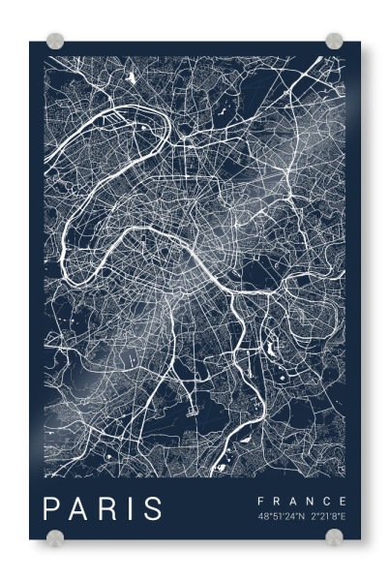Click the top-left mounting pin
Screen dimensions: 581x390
tap(55, 43)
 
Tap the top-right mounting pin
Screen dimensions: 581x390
tap(334, 42)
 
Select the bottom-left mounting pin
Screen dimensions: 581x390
tap(56, 537)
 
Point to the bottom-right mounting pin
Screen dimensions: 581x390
tap(334, 537)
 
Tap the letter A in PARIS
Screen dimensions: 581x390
tap(79, 508)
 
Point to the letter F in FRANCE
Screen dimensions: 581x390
tap(260, 501)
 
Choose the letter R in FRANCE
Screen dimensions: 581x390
tap(277, 501)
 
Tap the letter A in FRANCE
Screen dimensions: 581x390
tap(293, 501)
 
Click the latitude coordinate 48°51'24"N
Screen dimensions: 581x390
tap(280, 516)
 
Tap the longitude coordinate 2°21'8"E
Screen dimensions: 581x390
tap(327, 516)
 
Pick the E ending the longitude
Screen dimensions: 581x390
tap(344, 516)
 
